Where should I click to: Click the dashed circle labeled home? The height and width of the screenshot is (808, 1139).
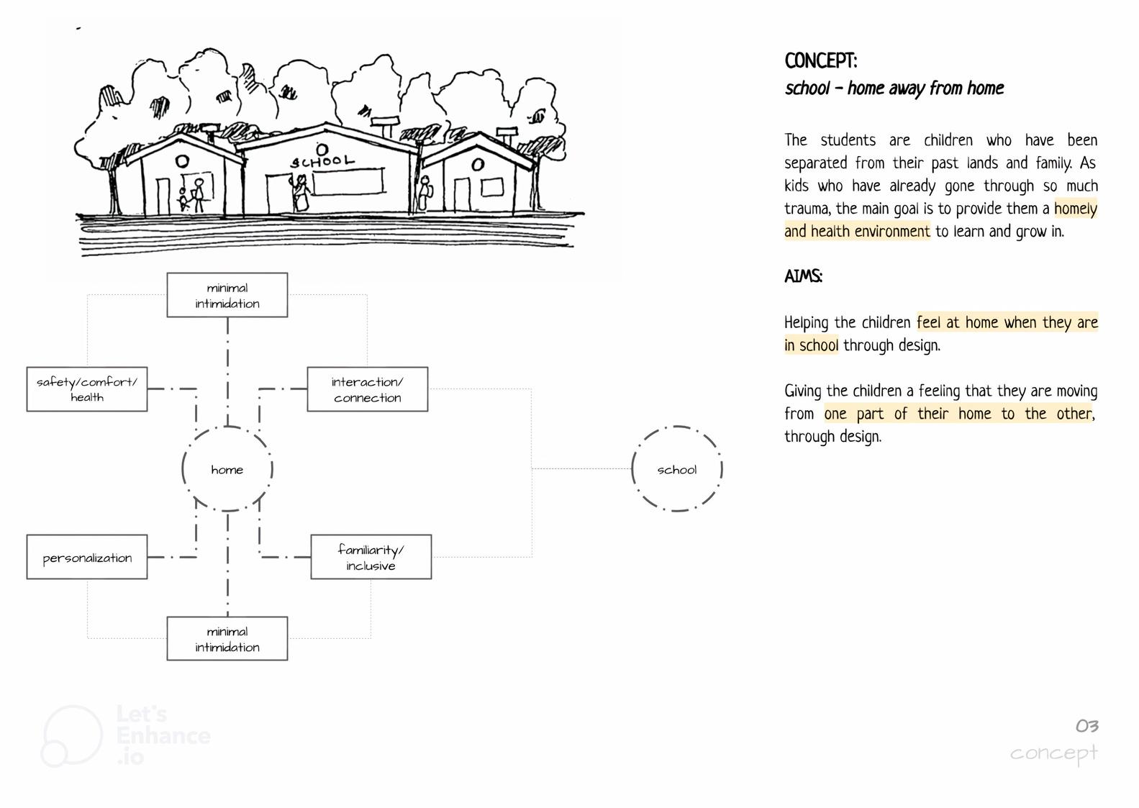(x=227, y=469)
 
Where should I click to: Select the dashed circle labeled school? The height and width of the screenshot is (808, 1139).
(x=676, y=469)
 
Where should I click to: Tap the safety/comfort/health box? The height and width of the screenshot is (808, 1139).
(x=87, y=389)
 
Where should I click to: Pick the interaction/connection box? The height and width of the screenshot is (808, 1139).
(x=368, y=389)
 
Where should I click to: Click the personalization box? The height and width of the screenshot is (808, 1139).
(x=87, y=557)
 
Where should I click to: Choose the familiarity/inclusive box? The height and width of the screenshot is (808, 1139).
(x=371, y=557)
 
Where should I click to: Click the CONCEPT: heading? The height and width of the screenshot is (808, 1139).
(x=821, y=61)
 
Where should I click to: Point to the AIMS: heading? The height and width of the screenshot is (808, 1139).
(x=803, y=276)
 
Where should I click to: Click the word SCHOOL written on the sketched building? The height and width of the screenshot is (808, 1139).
(x=322, y=161)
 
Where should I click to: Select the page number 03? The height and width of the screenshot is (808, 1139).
(x=1086, y=726)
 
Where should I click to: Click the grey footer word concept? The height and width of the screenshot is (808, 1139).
(x=1053, y=753)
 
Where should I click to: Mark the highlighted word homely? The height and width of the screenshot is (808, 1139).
(x=1076, y=209)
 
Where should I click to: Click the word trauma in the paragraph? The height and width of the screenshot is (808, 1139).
(x=807, y=209)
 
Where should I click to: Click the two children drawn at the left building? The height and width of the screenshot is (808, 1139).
(x=192, y=196)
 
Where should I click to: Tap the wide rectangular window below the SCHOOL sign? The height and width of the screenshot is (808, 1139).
(x=348, y=182)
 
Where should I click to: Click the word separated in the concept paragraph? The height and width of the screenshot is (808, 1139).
(x=815, y=163)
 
